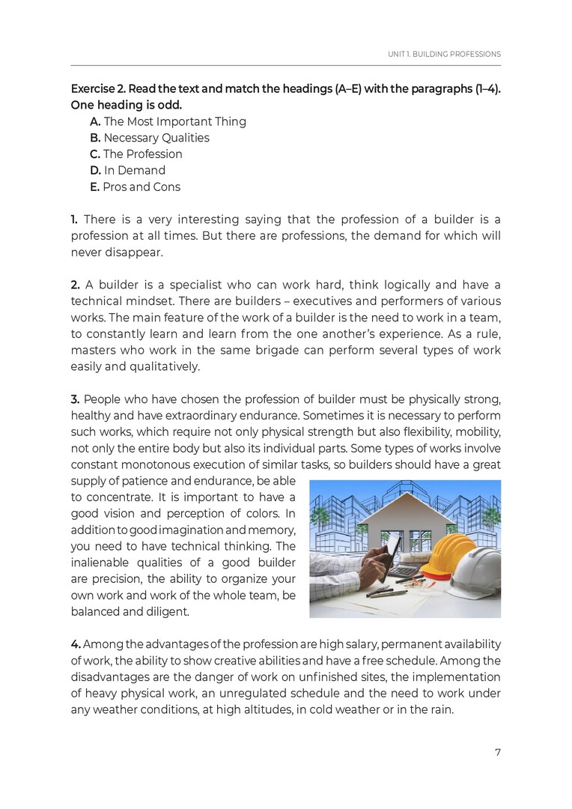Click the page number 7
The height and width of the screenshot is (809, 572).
[497, 752]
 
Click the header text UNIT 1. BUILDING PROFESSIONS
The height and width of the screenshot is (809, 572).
[444, 55]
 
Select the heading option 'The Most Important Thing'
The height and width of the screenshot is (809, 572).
[174, 121]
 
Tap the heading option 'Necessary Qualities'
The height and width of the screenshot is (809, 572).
[156, 138]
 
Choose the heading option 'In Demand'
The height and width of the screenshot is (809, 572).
[135, 170]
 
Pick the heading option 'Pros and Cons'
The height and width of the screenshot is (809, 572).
[142, 187]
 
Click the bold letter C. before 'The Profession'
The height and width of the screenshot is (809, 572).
[95, 154]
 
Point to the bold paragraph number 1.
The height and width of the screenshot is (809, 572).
[74, 219]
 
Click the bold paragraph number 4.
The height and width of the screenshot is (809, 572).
[75, 645]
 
